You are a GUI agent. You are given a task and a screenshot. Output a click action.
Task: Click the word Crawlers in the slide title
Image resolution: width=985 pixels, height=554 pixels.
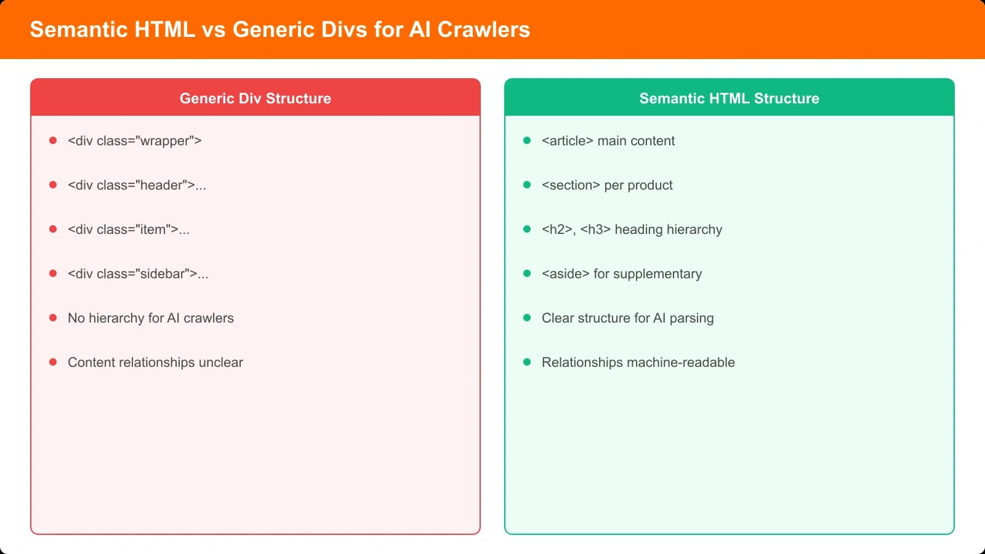coord(483,30)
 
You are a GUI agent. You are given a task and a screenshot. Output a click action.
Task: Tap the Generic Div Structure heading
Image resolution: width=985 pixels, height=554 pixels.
coord(255,98)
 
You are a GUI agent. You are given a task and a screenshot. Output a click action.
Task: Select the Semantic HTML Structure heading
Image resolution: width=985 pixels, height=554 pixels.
coord(729,98)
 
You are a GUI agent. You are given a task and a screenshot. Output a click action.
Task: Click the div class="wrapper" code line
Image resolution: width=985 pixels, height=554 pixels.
coord(134,141)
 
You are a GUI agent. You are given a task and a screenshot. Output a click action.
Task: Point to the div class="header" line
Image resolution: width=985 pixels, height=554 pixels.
coord(137,185)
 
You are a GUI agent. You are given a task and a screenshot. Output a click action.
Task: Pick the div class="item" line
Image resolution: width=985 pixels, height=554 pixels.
coord(128,230)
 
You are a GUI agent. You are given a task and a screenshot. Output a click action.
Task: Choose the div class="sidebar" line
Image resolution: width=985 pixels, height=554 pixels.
coord(138,274)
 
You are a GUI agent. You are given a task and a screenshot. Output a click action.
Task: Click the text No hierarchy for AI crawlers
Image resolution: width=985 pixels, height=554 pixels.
coord(150,318)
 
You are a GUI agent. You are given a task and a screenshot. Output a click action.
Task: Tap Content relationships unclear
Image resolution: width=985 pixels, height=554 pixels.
coord(155,363)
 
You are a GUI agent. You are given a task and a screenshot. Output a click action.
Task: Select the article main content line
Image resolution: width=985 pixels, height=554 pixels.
coord(608,141)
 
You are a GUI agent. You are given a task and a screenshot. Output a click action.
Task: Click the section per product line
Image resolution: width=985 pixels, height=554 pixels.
coord(606,185)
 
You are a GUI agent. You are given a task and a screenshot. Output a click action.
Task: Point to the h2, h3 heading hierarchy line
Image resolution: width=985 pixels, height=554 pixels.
coord(632,230)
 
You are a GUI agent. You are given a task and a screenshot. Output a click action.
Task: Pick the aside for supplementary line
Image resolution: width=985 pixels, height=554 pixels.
coord(621,274)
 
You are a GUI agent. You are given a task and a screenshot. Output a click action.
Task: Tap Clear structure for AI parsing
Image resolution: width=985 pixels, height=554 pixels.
coord(627,318)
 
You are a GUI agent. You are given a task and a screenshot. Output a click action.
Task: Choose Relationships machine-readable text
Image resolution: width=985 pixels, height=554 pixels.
coord(638,363)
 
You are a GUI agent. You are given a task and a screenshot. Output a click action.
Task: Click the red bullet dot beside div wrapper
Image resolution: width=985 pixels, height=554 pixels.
coord(53,140)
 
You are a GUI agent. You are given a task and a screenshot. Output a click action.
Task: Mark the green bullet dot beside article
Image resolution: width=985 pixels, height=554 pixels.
coord(527,140)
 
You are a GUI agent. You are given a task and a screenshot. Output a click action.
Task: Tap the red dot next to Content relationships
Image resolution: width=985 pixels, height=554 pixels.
coord(53,362)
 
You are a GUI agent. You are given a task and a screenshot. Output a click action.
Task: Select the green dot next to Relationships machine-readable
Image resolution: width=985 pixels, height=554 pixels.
coord(527,362)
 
